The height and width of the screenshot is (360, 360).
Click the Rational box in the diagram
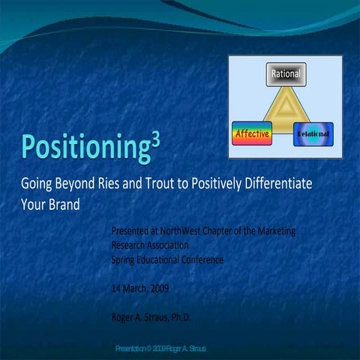click(286, 74)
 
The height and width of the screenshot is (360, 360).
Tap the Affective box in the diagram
click(252, 133)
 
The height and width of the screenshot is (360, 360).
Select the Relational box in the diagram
click(313, 133)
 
